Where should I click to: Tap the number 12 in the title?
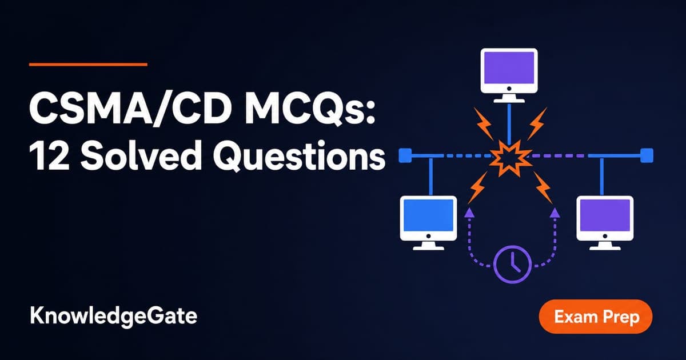[x=49, y=156]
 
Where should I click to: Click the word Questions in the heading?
[x=299, y=156]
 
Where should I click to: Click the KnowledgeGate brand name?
[x=113, y=316]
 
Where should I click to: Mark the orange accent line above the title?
[x=88, y=64]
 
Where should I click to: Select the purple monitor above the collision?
[x=509, y=75]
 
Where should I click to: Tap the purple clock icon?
[x=512, y=264]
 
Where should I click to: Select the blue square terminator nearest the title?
[x=405, y=155]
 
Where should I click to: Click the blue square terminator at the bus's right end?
[x=647, y=155]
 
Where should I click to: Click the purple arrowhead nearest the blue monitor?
[x=469, y=213]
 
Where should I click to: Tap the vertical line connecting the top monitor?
[x=509, y=123]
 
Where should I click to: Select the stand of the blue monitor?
[x=428, y=246]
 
